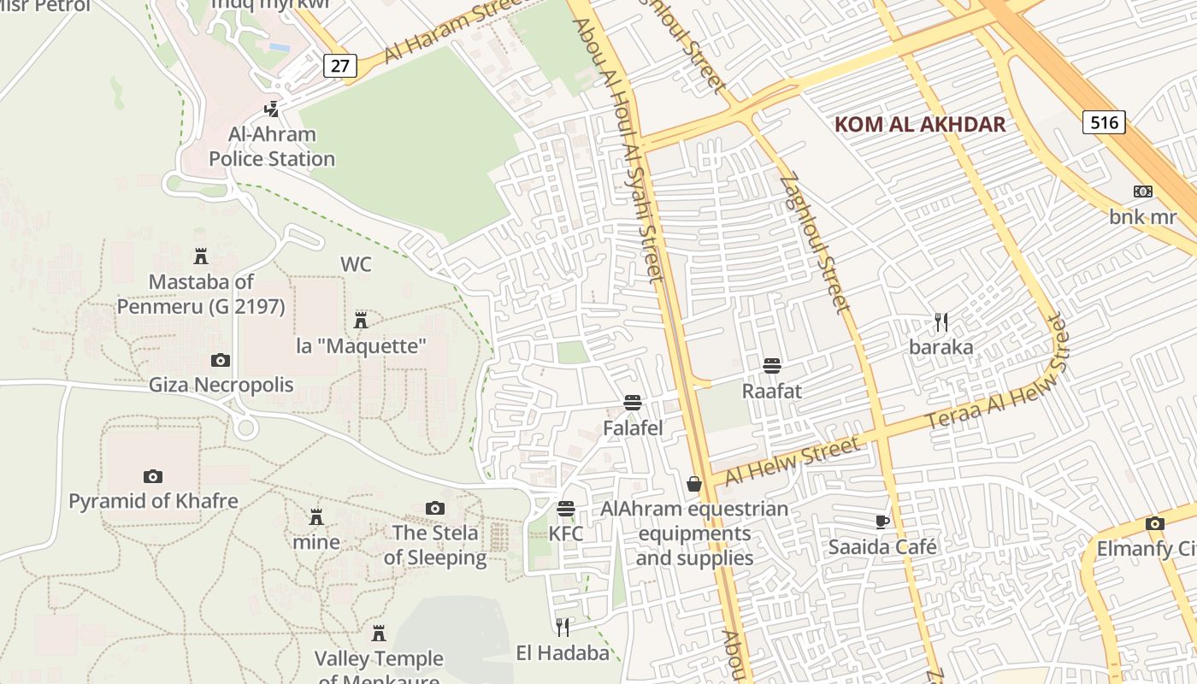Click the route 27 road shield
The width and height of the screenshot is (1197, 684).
(339, 67)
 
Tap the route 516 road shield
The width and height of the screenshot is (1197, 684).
(1104, 122)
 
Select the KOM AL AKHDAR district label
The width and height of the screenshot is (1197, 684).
(920, 124)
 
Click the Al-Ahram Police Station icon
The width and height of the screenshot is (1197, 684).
(272, 109)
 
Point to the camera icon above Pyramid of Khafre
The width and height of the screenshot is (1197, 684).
(153, 476)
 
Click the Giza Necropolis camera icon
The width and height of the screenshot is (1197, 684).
(221, 360)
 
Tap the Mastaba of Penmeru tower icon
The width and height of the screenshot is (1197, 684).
(201, 256)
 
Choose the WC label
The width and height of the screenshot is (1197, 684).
(357, 264)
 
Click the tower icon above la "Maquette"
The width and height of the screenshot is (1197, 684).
(361, 321)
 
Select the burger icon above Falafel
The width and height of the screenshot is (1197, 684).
(633, 403)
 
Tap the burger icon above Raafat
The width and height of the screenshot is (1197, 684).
(772, 366)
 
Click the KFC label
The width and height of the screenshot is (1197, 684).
(566, 534)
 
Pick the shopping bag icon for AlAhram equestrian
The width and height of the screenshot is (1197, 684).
(694, 484)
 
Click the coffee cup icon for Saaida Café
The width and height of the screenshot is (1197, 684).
(882, 522)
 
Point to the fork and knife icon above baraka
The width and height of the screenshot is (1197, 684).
(941, 322)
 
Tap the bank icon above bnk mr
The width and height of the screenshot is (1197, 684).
(1143, 192)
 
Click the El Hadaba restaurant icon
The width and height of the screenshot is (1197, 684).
(563, 628)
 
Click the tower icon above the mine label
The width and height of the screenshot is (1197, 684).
(316, 517)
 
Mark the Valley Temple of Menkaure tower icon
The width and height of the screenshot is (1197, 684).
(379, 634)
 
